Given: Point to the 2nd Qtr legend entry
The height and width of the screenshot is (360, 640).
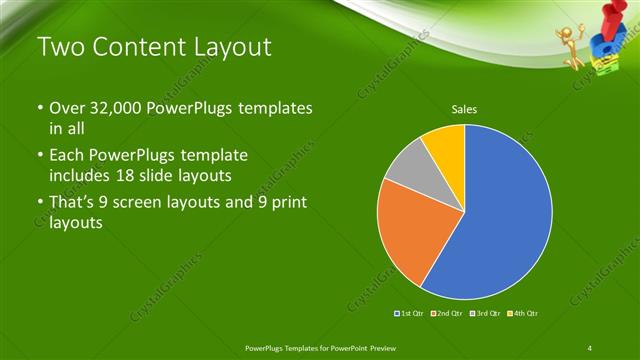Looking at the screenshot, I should click(446, 314).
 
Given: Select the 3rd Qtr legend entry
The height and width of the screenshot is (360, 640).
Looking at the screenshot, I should click(483, 314).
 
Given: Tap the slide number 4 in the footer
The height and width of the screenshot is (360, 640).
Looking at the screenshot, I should click(591, 345).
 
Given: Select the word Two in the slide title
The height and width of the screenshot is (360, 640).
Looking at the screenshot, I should click(57, 46).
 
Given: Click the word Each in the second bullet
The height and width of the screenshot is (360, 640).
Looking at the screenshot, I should click(68, 156).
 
